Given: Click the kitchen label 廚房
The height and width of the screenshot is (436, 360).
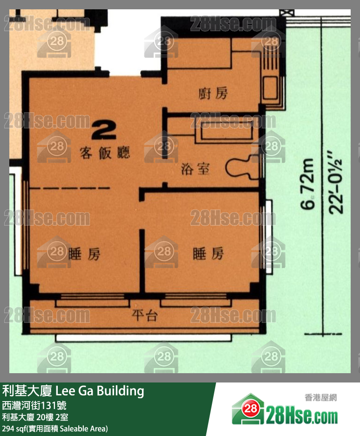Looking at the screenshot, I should [x=213, y=94].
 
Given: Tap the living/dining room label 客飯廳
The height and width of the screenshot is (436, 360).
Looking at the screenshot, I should [x=104, y=153].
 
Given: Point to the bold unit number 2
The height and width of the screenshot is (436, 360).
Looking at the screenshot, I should [x=104, y=130].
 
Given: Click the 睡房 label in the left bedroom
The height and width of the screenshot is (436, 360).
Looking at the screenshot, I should [x=84, y=254].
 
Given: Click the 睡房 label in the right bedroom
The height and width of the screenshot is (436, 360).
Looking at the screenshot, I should [x=208, y=254].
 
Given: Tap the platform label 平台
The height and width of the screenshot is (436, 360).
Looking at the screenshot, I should [x=145, y=316].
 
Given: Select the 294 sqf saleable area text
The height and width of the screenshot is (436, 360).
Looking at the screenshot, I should [x=55, y=428].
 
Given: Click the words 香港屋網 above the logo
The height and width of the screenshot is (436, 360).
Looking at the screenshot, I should [x=320, y=398].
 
